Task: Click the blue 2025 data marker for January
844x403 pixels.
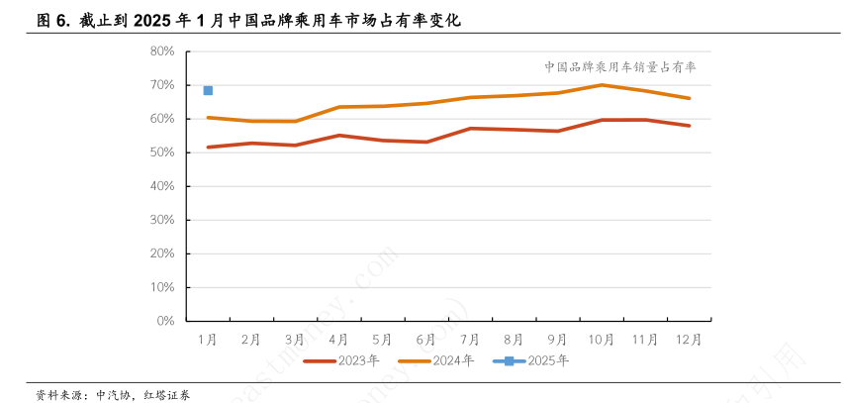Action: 208,90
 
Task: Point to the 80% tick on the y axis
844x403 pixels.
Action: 163,51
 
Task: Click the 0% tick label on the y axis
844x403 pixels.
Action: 166,321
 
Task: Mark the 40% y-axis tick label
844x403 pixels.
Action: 163,186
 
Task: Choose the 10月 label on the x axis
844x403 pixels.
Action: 602,339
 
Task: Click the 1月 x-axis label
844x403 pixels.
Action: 208,339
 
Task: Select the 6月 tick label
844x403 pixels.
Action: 426,339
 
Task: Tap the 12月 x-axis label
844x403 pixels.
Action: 689,339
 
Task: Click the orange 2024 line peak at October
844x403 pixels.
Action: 602,85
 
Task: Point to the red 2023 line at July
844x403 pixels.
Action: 470,128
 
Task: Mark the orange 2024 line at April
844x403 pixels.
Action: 339,107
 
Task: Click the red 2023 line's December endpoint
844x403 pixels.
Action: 689,126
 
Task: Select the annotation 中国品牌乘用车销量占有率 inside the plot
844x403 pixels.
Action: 620,67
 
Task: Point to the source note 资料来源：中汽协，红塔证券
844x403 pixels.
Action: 113,394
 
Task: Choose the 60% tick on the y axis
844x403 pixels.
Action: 163,119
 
